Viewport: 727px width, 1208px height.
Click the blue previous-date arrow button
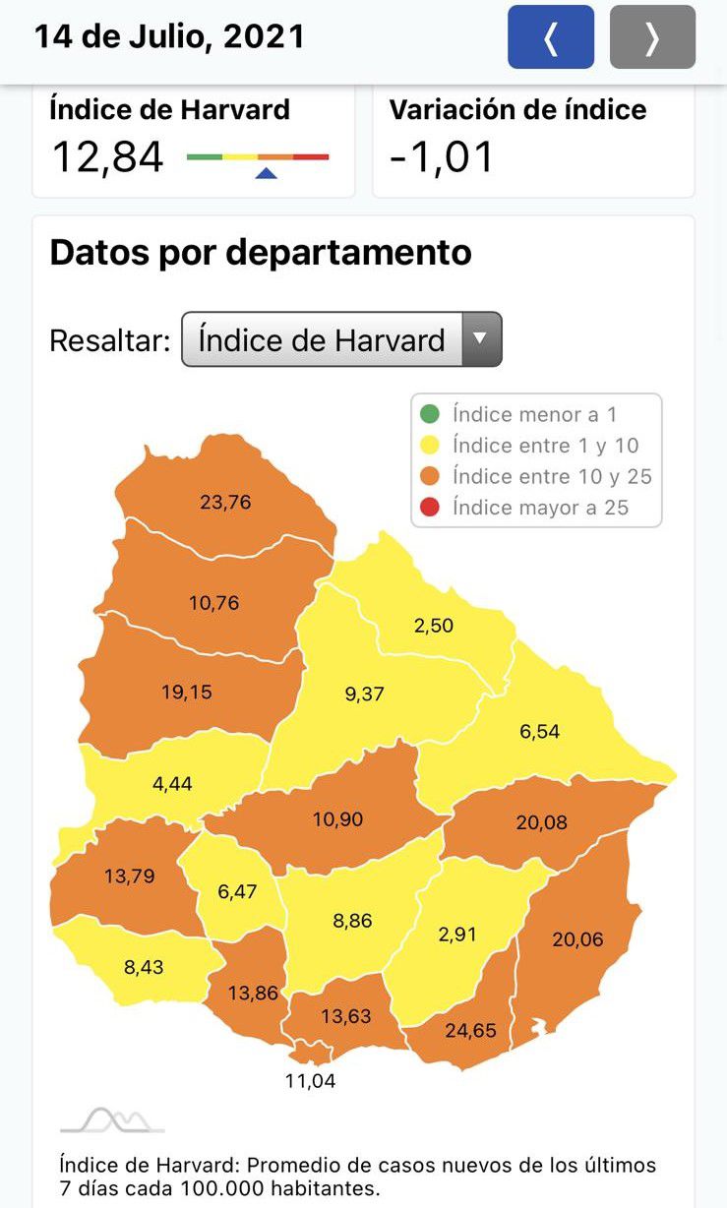point(551,37)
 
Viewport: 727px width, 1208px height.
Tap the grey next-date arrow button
point(652,37)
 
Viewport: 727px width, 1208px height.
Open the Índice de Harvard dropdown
point(341,339)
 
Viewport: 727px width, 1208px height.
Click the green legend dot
point(430,415)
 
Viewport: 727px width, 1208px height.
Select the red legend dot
point(430,508)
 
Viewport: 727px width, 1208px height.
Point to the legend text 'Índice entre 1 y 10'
point(545,446)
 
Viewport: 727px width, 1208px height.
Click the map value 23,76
point(225,502)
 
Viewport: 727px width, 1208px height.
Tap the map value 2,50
point(434,626)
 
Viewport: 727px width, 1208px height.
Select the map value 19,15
point(187,692)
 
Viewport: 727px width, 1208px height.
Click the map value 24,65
point(471,1031)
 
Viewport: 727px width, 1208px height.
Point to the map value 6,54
point(540,732)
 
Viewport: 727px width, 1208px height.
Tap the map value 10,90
point(337,818)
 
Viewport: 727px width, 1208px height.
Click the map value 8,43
point(144,967)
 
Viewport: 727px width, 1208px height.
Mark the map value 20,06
point(577,939)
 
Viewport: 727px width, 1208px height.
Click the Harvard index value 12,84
point(107,157)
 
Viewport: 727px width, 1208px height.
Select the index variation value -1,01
point(442,157)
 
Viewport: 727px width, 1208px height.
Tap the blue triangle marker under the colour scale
point(266,173)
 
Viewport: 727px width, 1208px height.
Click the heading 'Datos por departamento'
point(261,253)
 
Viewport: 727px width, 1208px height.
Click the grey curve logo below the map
point(112,1119)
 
